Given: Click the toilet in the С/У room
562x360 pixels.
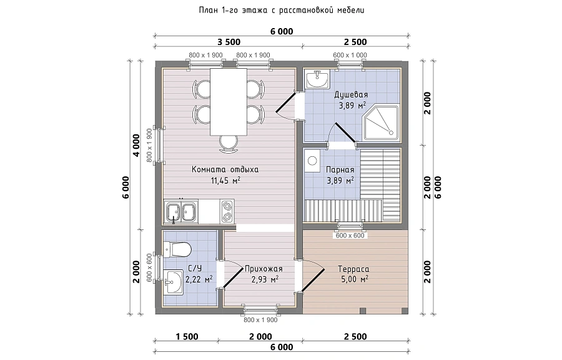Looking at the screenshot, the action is pos(177,249).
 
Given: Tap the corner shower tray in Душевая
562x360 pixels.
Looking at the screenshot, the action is pos(381,122).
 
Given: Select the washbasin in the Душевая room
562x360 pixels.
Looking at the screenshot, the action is pos(317,79).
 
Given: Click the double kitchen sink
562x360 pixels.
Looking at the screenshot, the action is pos(181,212).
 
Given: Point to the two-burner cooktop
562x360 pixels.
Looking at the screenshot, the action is pos(227,211).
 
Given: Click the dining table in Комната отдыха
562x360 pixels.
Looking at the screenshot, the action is pos(229,101).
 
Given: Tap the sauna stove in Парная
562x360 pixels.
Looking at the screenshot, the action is pos(312,161).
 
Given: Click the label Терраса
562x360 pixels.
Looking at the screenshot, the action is pos(353,269).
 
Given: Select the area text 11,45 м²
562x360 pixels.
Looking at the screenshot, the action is pos(225,180).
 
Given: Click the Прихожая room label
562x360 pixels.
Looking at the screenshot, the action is pos(264,269).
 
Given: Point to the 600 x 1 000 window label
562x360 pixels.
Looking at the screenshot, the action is pos(350,55).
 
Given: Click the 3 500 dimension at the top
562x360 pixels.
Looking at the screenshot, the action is pos(229,42).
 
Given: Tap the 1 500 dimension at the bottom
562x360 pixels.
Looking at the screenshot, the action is pos(187,337).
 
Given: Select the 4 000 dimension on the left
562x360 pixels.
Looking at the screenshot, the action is pos(136,145).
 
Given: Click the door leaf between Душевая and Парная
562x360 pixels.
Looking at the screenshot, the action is pos(345,133).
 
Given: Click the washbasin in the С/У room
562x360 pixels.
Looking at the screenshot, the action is pos(174,282).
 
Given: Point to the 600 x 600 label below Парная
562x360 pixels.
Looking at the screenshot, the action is pos(350,236).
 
